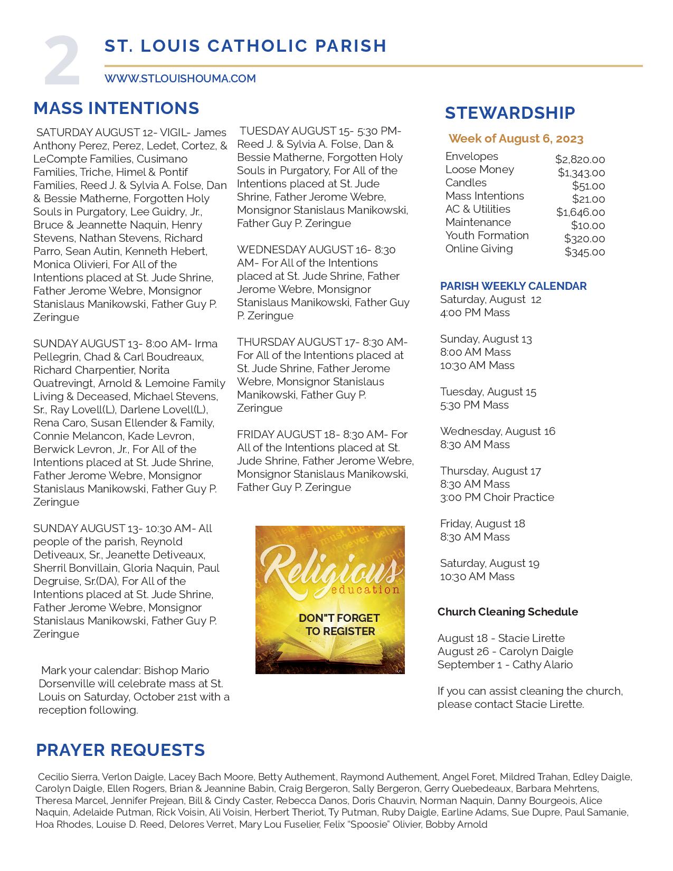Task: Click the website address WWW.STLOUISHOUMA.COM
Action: point(180,79)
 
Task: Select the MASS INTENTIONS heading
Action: point(116,108)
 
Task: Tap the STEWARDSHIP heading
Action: point(510,113)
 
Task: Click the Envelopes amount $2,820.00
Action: point(580,159)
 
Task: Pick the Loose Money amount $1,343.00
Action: point(581,173)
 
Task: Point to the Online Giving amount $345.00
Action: point(585,252)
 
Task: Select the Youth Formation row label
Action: point(487,235)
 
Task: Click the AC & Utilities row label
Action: point(478,209)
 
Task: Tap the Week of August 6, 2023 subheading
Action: point(516,139)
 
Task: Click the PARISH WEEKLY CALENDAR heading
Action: point(513,286)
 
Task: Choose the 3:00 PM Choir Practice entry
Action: point(497,497)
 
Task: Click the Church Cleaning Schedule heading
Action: point(507,612)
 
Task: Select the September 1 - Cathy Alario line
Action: point(505,665)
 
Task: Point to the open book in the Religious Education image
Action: point(330,652)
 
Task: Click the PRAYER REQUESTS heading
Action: point(120,750)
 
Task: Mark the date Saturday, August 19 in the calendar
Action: point(489,563)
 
